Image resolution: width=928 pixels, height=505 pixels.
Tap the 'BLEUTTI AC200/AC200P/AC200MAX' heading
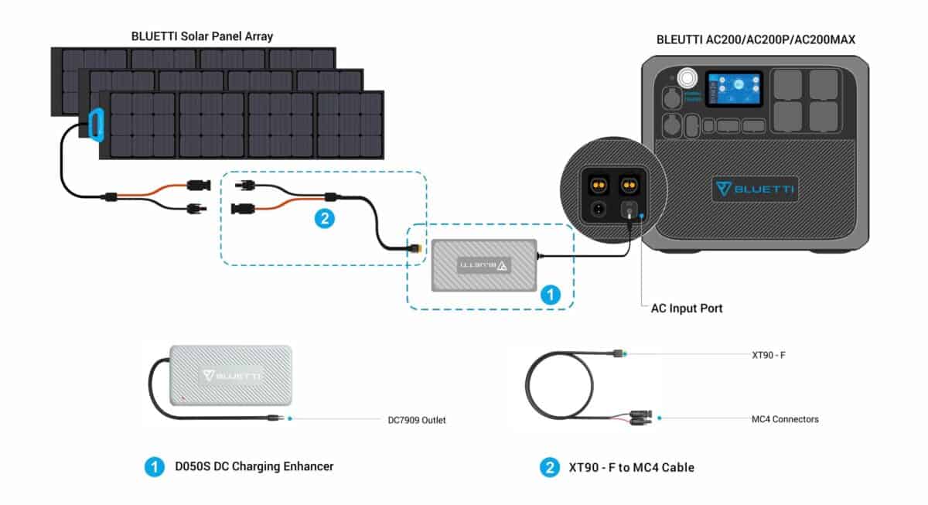pyautogui.click(x=756, y=39)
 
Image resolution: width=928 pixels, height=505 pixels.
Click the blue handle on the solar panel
pyautogui.click(x=96, y=125)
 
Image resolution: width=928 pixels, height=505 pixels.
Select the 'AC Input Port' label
pyautogui.click(x=687, y=309)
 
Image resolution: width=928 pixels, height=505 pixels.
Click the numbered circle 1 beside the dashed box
pyautogui.click(x=550, y=294)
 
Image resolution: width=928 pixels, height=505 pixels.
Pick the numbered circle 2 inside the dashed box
pyautogui.click(x=324, y=219)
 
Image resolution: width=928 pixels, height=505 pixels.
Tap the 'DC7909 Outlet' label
pyautogui.click(x=417, y=421)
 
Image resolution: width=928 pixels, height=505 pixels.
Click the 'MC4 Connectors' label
pyautogui.click(x=785, y=419)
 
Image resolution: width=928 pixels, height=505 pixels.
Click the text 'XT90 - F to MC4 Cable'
pyautogui.click(x=631, y=467)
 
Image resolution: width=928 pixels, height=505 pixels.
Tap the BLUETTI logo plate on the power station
pyautogui.click(x=755, y=189)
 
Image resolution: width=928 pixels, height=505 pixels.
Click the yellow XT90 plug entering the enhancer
pyautogui.click(x=418, y=250)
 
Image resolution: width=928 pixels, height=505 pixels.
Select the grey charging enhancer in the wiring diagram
pyautogui.click(x=483, y=265)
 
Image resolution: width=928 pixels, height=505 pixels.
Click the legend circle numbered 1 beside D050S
pyautogui.click(x=155, y=467)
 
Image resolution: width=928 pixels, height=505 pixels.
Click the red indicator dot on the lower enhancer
pyautogui.click(x=182, y=399)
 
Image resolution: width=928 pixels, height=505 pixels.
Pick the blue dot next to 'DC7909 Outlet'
pyautogui.click(x=289, y=419)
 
